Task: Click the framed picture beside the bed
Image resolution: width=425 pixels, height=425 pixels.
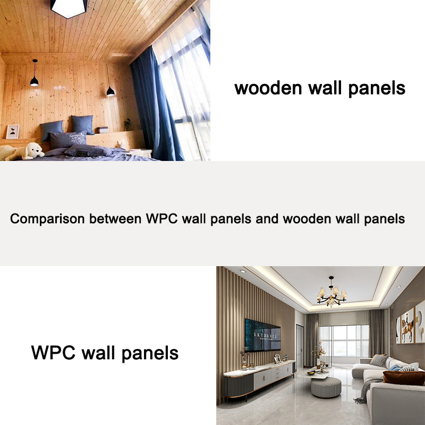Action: [12, 131]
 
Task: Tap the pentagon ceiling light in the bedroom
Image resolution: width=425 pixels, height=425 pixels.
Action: [69, 8]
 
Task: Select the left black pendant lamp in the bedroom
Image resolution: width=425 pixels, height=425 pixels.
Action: [34, 80]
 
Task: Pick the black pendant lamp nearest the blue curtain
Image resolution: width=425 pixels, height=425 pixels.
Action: [110, 91]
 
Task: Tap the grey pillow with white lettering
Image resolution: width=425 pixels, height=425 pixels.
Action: [69, 139]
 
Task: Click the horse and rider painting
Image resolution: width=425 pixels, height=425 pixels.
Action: [407, 325]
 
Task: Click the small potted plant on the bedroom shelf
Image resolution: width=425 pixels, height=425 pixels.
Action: [127, 125]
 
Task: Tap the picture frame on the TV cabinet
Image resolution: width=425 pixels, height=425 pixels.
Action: [277, 360]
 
